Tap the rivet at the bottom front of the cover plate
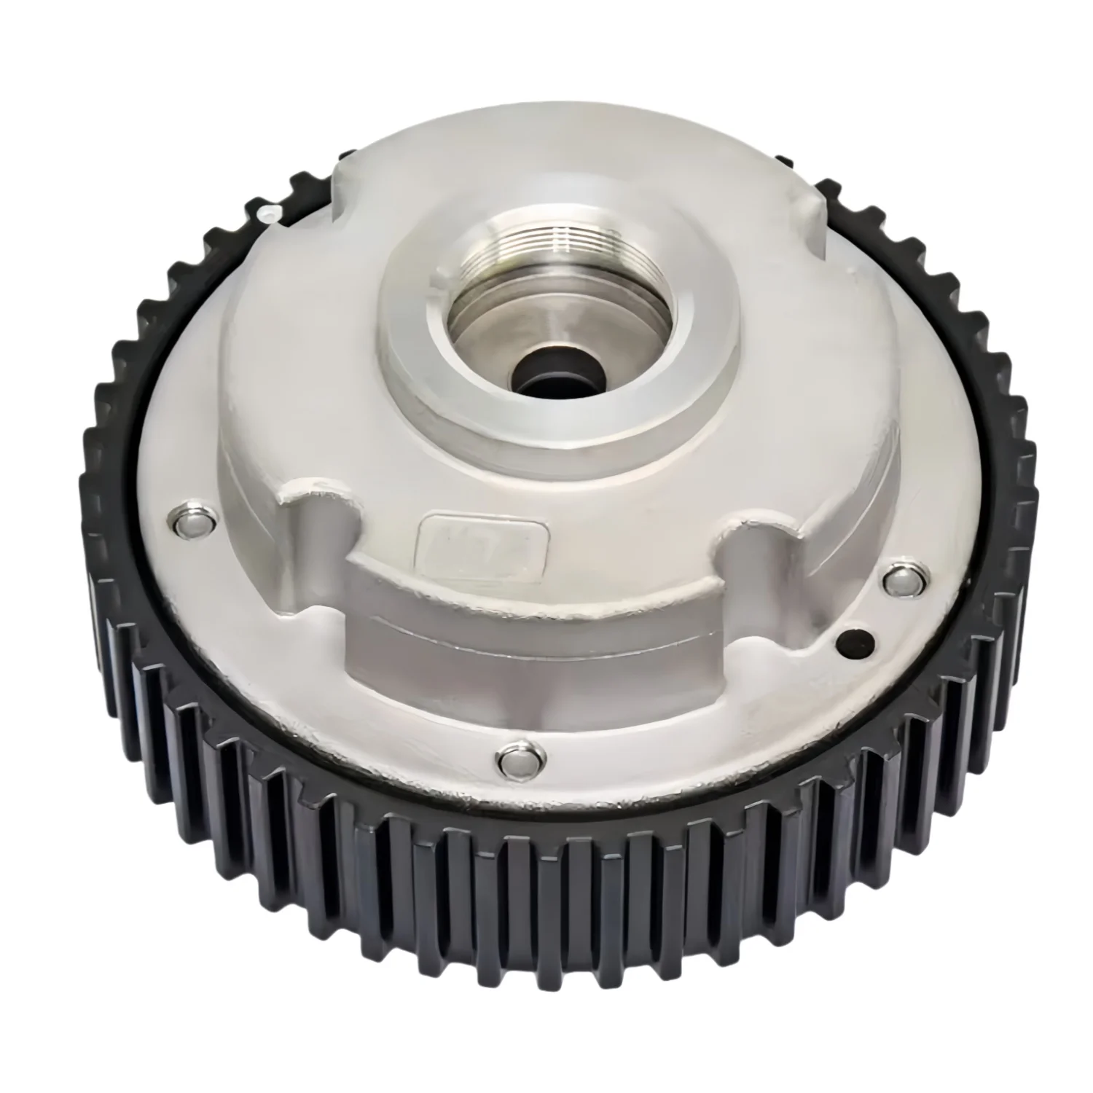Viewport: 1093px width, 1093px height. pos(517,760)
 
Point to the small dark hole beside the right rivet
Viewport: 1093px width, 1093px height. pos(853,640)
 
